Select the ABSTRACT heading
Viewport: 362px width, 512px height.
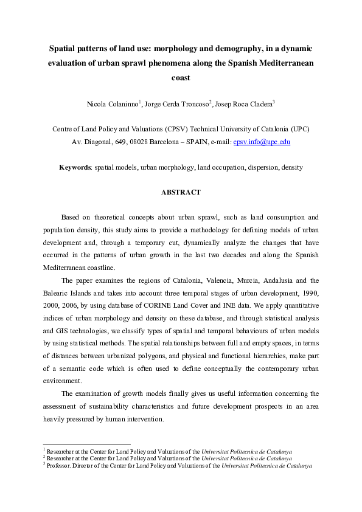[x=181, y=192]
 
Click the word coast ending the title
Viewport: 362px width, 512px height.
[x=181, y=78]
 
